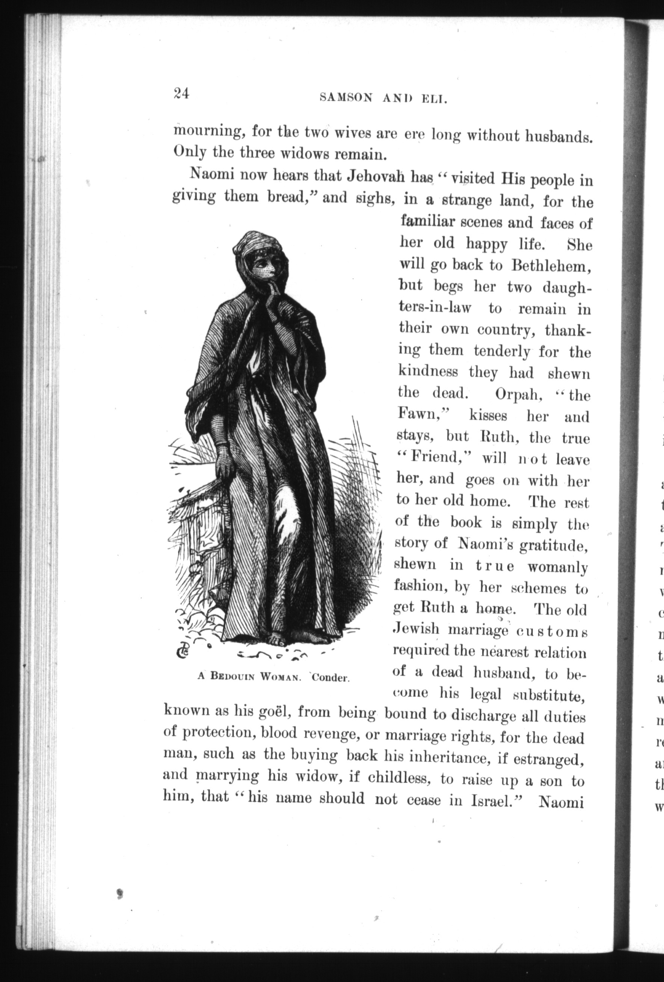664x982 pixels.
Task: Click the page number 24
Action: pyautogui.click(x=181, y=93)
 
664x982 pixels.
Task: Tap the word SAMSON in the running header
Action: pyautogui.click(x=346, y=98)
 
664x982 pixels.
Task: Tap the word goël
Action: pyautogui.click(x=269, y=712)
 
